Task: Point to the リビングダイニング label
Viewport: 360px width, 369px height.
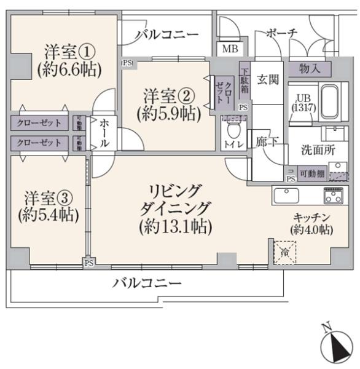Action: click(x=175, y=208)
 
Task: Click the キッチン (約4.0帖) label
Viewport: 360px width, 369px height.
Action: click(x=311, y=223)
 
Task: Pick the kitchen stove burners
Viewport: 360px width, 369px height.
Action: click(x=334, y=196)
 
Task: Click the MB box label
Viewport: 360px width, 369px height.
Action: click(x=230, y=49)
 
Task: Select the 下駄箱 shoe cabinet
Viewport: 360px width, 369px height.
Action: click(x=245, y=78)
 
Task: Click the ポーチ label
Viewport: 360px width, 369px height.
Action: click(x=282, y=33)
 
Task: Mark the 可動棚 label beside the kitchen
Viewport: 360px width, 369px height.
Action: click(x=311, y=174)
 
